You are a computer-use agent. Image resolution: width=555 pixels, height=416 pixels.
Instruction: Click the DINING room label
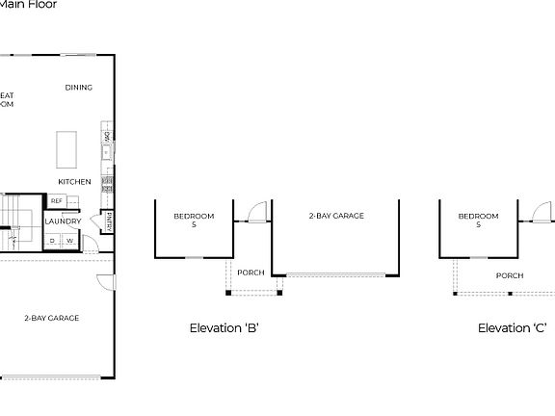(79, 88)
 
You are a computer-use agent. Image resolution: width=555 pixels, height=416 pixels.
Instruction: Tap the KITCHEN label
(74, 181)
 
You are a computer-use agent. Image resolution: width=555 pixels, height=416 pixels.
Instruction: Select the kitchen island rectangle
(67, 149)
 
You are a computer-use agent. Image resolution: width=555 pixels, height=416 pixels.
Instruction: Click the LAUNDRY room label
(64, 221)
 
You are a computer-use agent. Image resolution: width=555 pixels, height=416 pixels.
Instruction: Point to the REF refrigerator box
(57, 200)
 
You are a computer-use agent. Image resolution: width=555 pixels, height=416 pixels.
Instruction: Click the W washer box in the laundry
(69, 241)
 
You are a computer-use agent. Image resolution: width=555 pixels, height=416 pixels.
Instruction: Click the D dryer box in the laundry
(53, 241)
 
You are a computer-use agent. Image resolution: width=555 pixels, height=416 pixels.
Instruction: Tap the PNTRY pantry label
(110, 221)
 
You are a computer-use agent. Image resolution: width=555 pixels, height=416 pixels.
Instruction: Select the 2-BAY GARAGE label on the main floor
(52, 318)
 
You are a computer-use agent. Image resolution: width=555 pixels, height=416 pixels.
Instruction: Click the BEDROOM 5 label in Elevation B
(194, 220)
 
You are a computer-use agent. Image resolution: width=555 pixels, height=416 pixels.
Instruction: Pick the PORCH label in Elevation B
(251, 273)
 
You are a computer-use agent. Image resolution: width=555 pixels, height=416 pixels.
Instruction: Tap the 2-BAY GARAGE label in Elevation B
(336, 216)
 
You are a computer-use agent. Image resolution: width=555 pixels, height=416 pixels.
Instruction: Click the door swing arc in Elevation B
(255, 211)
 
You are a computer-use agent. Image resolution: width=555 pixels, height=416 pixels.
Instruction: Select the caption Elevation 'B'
(224, 328)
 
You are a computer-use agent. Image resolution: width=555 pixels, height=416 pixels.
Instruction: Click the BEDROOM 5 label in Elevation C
(478, 220)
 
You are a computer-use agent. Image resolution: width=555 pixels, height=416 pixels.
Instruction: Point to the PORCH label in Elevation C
(510, 275)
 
